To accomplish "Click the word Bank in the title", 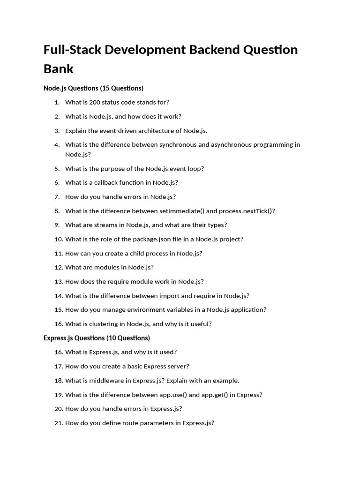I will (59, 68).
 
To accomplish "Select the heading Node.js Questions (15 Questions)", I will (93, 88).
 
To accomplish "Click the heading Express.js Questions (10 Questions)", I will (97, 338).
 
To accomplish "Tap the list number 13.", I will (58, 282).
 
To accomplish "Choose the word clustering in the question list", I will (102, 324).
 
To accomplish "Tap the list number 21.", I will (58, 423).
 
